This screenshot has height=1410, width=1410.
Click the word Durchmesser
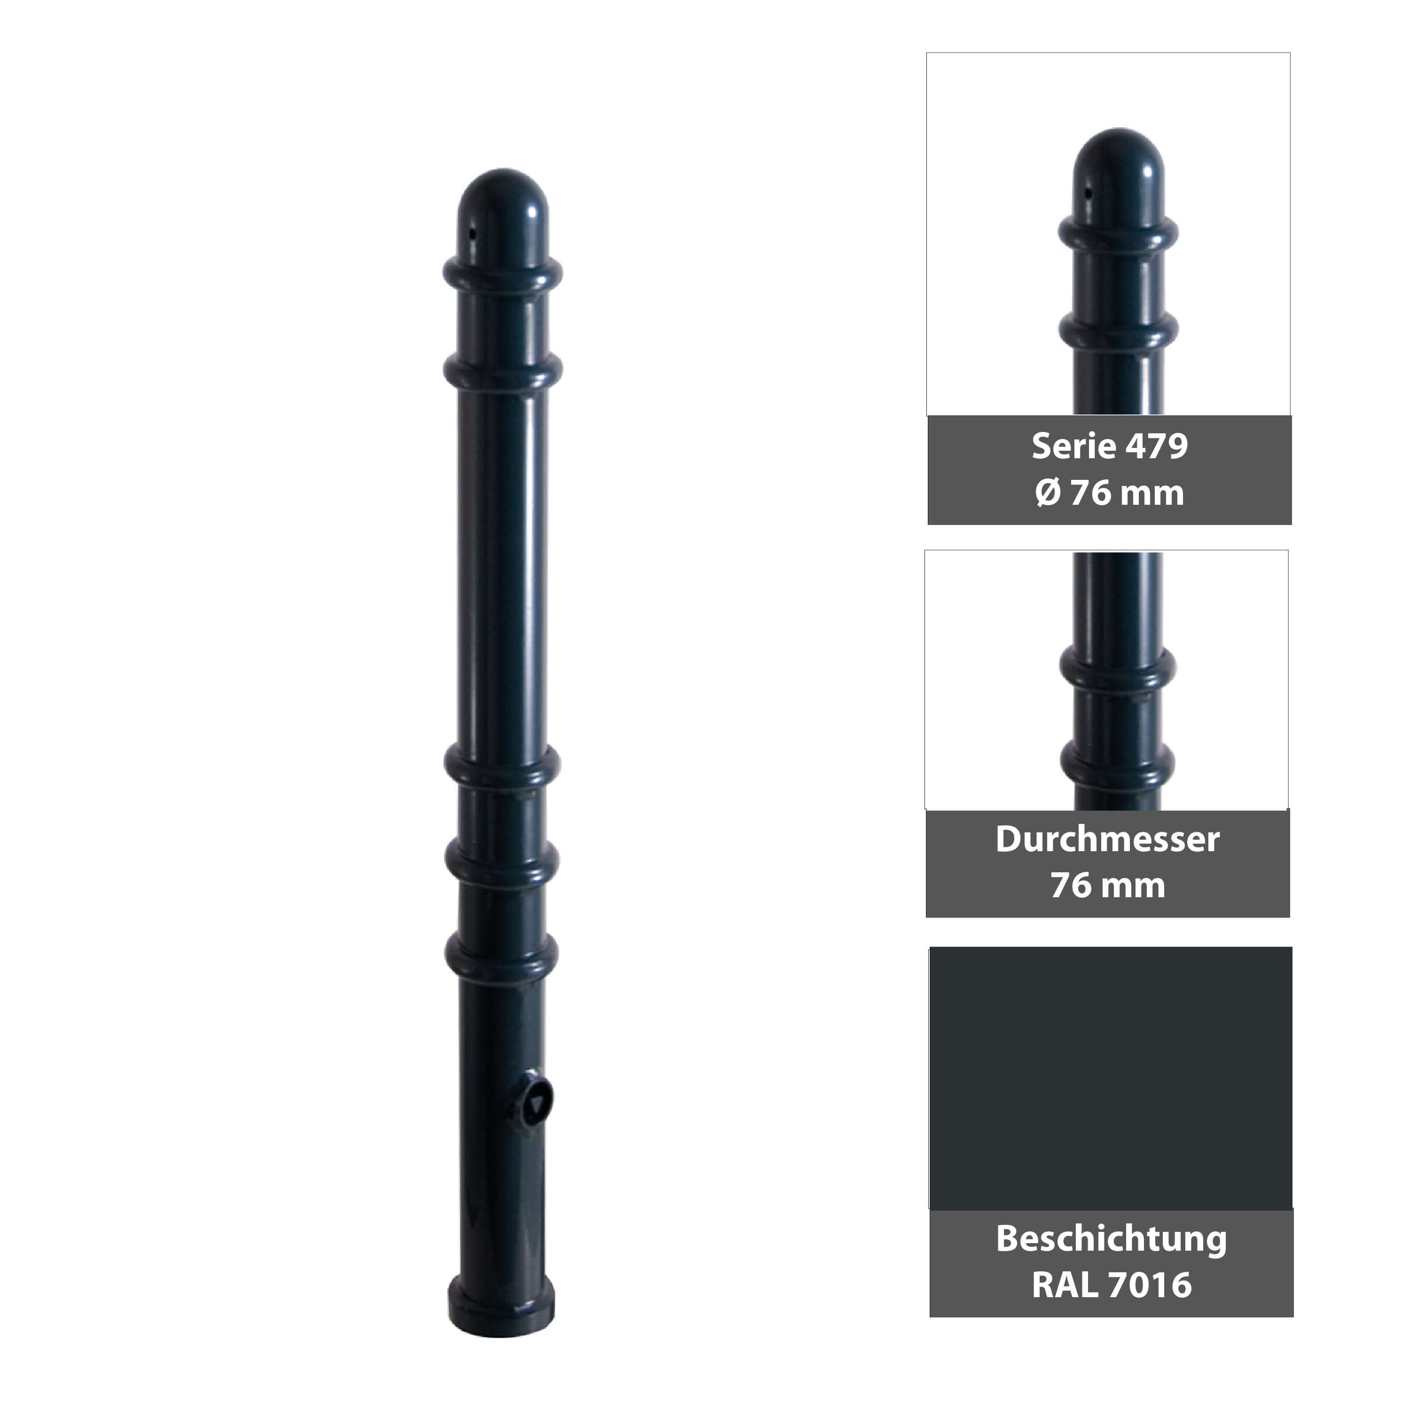[x=1107, y=839]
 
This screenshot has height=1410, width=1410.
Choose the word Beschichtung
[x=1111, y=1238]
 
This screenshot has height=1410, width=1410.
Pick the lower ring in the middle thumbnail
[x=1117, y=763]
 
